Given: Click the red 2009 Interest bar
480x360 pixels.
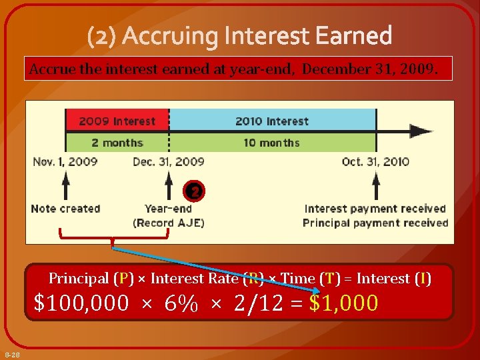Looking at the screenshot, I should [117, 121].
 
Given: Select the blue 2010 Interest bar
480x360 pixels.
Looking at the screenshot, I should [272, 121].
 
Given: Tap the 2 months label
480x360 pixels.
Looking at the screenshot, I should [117, 143].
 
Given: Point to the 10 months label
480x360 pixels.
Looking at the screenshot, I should [271, 143].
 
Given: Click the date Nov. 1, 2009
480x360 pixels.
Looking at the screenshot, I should [65, 161].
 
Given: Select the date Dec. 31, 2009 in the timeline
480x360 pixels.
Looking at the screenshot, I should [169, 161].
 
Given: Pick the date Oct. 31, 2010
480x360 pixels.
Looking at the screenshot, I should [375, 161].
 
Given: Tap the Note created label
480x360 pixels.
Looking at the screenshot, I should [65, 209].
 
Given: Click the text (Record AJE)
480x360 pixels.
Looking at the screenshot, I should [169, 223].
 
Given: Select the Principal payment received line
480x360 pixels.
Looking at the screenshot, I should [375, 223].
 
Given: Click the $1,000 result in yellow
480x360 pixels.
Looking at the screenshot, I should [344, 303].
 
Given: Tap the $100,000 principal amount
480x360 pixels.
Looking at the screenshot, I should [81, 303].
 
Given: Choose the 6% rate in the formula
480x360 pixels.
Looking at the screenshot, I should [181, 303].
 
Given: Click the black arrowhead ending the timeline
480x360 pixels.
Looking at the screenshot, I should [421, 131].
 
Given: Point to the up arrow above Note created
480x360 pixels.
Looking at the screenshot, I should [65, 184].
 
